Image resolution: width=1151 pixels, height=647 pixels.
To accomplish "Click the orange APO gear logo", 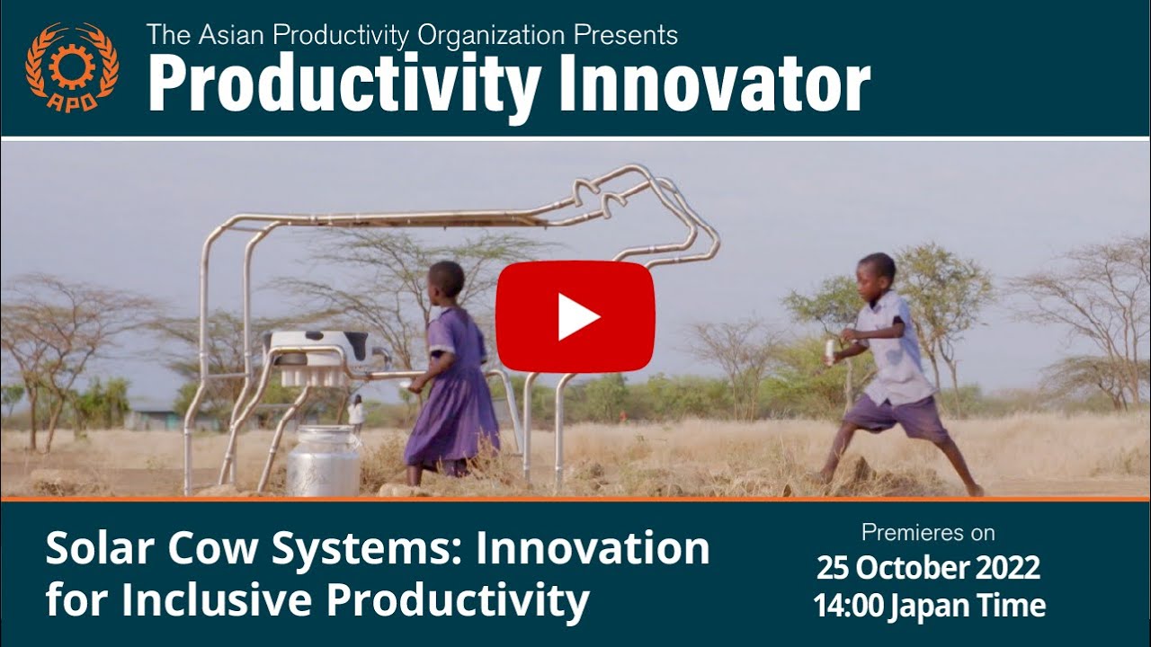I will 71,66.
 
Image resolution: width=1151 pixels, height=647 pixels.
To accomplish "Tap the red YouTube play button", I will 575,316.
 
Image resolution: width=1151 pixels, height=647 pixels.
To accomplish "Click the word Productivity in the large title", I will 344,85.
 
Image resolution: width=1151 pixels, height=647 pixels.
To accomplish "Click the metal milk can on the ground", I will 324,461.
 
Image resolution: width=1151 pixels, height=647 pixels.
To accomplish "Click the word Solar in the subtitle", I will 94,548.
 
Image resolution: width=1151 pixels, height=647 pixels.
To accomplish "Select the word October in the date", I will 909,568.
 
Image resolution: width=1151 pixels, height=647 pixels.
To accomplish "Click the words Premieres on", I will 928,532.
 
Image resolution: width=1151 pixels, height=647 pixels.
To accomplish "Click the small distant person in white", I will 356,412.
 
